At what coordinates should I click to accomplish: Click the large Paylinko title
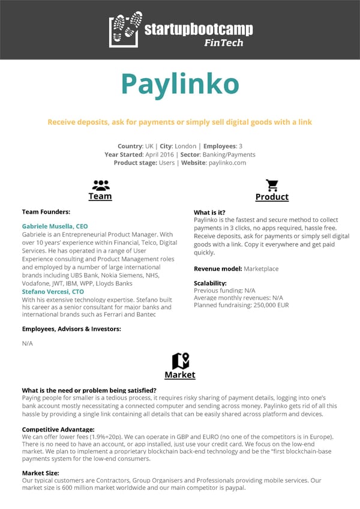pos(180,84)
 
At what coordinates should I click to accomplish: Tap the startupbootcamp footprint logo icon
pos(125,29)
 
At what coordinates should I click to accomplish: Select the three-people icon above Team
pos(100,184)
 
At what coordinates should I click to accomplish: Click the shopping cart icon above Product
pos(272,185)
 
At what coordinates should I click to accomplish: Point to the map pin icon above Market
pos(180,361)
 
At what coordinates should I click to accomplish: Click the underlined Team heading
pos(100,196)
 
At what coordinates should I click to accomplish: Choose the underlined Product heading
pos(272,197)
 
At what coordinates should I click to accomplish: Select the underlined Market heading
pos(180,375)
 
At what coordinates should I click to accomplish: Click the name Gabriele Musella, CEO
pos(55,226)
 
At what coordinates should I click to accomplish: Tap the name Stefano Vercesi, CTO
pos(53,292)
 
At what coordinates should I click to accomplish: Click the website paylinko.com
pos(227,163)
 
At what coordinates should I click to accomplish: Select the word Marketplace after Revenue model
pos(261,269)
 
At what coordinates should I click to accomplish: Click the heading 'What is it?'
pos(209,212)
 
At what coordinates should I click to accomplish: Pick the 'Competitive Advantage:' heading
pos(58,430)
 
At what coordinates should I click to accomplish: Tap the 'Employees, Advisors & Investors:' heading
pos(71,329)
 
